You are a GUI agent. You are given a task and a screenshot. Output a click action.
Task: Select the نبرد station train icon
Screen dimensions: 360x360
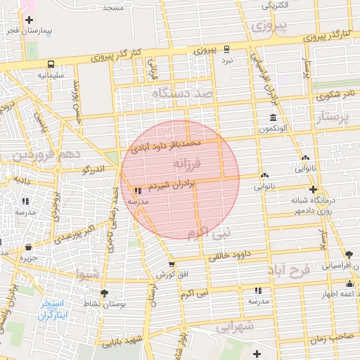pyautogui.click(x=226, y=49)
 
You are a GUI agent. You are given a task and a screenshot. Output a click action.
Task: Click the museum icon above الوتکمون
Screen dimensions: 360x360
pyautogui.click(x=272, y=117)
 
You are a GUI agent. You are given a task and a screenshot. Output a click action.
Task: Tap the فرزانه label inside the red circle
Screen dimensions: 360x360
pyautogui.click(x=186, y=165)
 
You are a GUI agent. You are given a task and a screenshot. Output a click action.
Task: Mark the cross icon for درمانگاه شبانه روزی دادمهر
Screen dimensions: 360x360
pyautogui.click(x=313, y=189)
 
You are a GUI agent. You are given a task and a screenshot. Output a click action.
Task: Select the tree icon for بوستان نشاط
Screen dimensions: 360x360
pyautogui.click(x=105, y=292)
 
